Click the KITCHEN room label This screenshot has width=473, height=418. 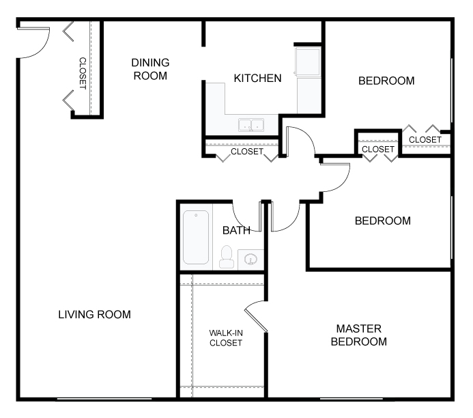[x=257, y=78]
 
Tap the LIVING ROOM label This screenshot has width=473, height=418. [x=94, y=314]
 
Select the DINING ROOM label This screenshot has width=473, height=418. [x=150, y=69]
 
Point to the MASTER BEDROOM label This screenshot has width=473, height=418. [x=358, y=335]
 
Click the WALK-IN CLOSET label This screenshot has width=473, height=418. [x=226, y=337]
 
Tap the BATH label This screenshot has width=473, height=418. [x=236, y=230]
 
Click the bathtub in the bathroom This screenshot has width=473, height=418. [x=196, y=237]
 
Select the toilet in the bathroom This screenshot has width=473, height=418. [x=227, y=257]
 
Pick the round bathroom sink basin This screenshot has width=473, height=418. [x=250, y=259]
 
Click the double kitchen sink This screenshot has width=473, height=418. [x=251, y=125]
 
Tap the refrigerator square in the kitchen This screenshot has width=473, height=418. [x=308, y=62]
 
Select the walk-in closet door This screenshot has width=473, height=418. [x=256, y=316]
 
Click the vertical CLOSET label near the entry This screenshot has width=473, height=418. [x=83, y=73]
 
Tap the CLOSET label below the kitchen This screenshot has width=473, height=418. [x=247, y=151]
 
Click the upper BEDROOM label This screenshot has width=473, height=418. [x=386, y=81]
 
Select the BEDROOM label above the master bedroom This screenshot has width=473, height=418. [x=383, y=221]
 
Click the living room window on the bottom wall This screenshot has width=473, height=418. [x=104, y=399]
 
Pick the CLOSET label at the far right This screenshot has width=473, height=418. [x=425, y=140]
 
